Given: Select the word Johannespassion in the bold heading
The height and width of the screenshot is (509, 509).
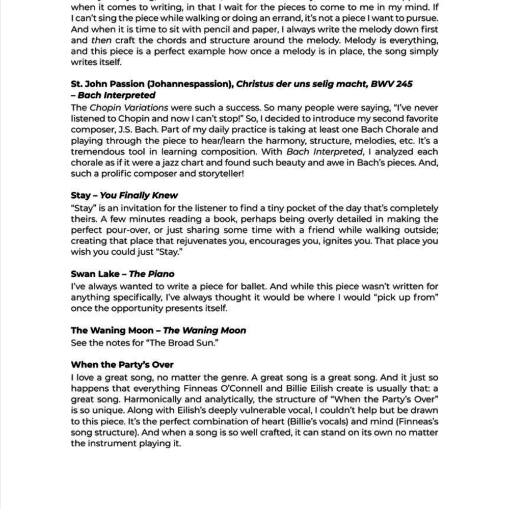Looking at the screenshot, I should point(194,84).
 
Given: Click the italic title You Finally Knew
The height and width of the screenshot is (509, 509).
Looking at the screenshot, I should point(139,196).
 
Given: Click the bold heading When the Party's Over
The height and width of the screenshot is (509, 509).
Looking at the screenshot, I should point(122,365).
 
